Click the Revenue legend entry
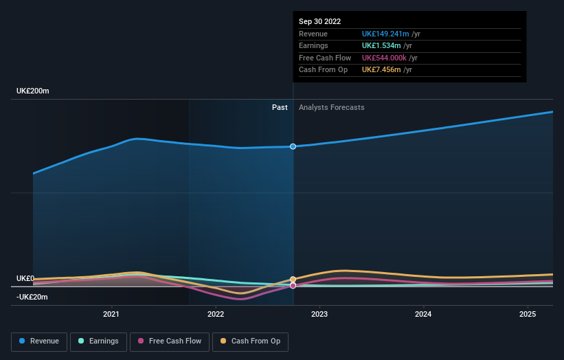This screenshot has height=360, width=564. click(40, 341)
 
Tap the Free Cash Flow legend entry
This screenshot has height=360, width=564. click(170, 341)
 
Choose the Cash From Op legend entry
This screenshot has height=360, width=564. click(251, 341)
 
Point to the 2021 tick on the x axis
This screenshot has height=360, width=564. click(111, 315)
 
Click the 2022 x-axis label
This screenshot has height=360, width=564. click(216, 315)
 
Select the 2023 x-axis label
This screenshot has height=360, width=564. click(319, 315)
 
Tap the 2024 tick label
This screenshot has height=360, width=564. click(424, 315)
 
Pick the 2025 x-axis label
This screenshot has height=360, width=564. click(528, 315)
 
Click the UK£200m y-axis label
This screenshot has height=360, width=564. click(33, 91)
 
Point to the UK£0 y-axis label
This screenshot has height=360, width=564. click(25, 278)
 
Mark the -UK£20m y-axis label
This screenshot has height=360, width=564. click(33, 297)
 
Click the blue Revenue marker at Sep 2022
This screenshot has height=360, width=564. click(293, 146)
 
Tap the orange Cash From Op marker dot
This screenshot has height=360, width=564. click(293, 280)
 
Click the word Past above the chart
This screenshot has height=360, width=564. click(280, 107)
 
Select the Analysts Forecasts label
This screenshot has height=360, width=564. click(332, 107)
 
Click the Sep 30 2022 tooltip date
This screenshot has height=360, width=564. click(319, 22)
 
